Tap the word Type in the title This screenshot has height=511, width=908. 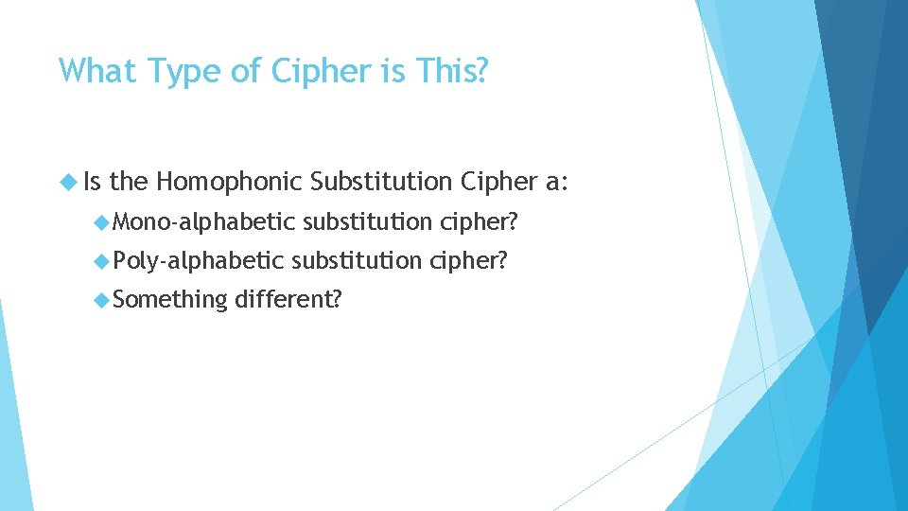[190, 71]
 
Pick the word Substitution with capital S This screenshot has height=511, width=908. [383, 180]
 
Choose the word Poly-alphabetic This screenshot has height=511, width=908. [198, 261]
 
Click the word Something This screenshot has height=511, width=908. [169, 300]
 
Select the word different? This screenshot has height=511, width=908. [288, 300]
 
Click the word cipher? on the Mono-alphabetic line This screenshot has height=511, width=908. [480, 222]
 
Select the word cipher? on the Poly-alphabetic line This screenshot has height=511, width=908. [469, 261]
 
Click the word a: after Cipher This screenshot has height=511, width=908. [556, 180]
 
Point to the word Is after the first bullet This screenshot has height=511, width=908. [93, 180]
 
